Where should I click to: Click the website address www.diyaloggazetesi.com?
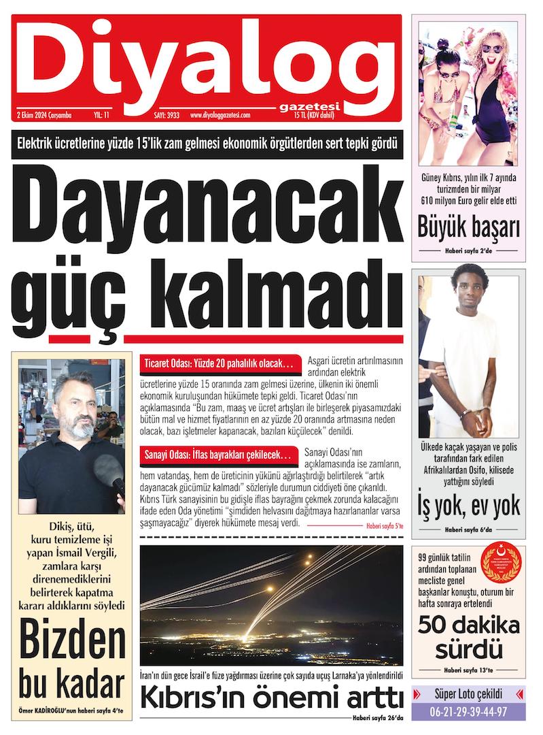tap(221, 116)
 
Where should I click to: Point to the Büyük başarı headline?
tap(469, 227)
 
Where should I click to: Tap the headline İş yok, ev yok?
tap(469, 506)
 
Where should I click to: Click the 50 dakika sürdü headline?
tap(469, 635)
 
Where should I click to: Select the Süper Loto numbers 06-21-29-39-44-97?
tap(469, 711)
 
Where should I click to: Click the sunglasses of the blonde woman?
tap(493, 48)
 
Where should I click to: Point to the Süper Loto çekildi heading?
tap(469, 694)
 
